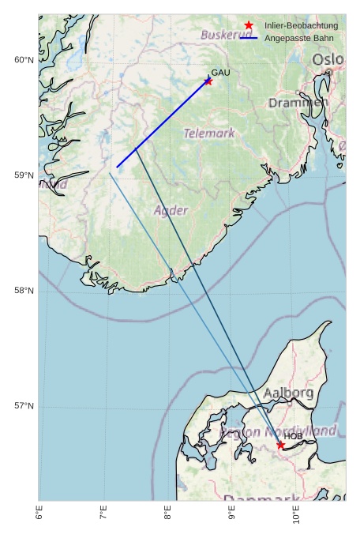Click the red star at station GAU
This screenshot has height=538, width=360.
point(208,81)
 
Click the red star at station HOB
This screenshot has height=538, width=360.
point(280,446)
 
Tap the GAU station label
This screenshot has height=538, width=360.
point(221,73)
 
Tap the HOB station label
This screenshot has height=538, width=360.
point(294,436)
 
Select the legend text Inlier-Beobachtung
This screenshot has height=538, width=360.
point(301,26)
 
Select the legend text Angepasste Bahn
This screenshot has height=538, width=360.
point(298,38)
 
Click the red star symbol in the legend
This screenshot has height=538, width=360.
point(249,26)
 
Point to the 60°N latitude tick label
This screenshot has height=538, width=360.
point(24,60)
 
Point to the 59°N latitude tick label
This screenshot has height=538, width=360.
point(24,175)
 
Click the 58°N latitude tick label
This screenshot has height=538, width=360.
point(24,291)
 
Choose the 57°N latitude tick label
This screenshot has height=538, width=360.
point(24,406)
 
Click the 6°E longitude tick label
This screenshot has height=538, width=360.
point(39,514)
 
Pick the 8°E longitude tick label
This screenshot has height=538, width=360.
point(167,514)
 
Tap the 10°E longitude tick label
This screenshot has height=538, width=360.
point(295,514)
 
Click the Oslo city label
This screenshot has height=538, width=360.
point(328,60)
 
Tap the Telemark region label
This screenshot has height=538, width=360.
point(209,134)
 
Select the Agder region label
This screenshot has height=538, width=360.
point(171,211)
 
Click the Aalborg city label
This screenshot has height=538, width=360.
point(288,393)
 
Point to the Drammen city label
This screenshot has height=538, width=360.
point(297,103)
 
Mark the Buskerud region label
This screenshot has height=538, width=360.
point(226,36)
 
